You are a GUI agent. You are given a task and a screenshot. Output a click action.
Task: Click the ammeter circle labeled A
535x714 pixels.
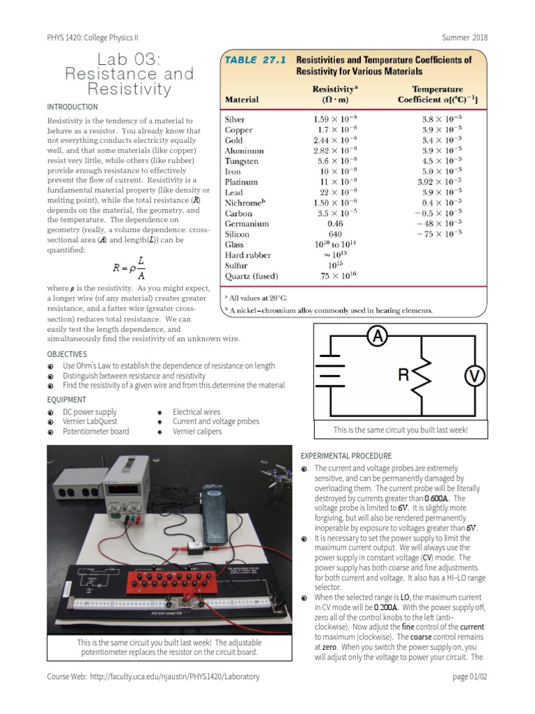click(x=377, y=337)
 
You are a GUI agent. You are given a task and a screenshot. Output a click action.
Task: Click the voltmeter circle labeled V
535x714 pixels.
click(x=474, y=377)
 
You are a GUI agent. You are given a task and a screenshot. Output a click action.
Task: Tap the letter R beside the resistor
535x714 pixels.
click(x=403, y=376)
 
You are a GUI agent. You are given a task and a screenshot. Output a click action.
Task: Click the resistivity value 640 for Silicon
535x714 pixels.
click(x=335, y=234)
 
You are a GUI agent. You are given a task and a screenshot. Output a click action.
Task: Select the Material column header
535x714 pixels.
click(x=242, y=100)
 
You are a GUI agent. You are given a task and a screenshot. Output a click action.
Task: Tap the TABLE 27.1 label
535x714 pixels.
click(x=255, y=60)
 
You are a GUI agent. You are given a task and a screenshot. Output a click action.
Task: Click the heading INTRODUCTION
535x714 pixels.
click(x=72, y=107)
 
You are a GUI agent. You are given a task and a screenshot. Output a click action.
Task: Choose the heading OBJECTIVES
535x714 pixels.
click(x=67, y=354)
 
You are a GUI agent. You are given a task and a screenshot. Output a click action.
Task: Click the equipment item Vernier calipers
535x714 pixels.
click(x=197, y=432)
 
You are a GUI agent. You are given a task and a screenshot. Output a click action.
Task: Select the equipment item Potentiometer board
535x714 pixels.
click(x=95, y=432)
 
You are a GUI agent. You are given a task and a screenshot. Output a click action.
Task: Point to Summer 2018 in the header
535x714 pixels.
click(x=465, y=38)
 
